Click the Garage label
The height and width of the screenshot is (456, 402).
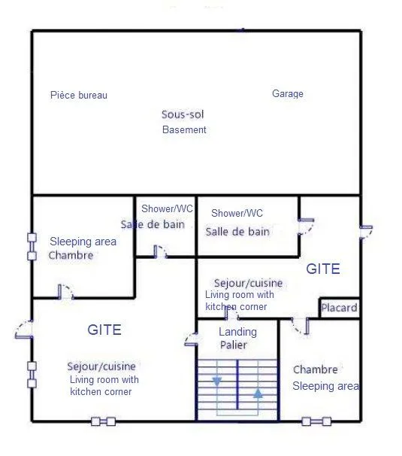(x=288, y=93)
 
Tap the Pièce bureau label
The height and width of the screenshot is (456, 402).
(x=79, y=95)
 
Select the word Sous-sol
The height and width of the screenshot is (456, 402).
(x=183, y=114)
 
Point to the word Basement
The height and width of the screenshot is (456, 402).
(x=184, y=129)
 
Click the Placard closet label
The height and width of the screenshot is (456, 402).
(x=340, y=308)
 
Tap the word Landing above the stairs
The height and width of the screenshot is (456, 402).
(x=237, y=332)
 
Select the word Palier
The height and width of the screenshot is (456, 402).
(x=233, y=345)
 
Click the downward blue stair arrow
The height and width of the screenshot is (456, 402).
(x=217, y=382)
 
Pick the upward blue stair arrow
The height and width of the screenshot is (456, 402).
(x=258, y=394)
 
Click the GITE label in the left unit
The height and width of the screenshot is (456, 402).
(x=104, y=330)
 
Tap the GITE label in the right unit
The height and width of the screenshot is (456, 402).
(x=323, y=269)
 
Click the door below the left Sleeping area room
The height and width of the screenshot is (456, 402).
(x=65, y=292)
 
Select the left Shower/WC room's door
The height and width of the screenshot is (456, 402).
(x=160, y=252)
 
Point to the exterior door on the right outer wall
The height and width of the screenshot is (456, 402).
(x=366, y=232)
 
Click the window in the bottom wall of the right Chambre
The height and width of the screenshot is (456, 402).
(x=316, y=421)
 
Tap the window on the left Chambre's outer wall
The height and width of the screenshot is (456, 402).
(x=32, y=247)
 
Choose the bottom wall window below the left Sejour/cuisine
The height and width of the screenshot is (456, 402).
(x=104, y=421)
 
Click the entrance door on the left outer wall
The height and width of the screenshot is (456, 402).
(x=24, y=330)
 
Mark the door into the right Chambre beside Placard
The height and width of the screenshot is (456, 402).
(x=301, y=327)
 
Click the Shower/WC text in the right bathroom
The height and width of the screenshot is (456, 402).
(x=237, y=213)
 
